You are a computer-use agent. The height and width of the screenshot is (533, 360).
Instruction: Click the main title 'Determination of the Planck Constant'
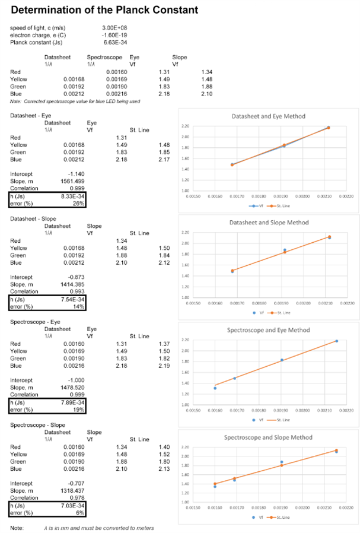(104, 11)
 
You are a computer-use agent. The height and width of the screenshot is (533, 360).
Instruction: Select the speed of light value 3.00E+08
(114, 28)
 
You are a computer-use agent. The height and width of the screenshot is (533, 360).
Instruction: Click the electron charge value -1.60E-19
(113, 34)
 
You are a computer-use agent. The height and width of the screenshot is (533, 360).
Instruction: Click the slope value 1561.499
(72, 180)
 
